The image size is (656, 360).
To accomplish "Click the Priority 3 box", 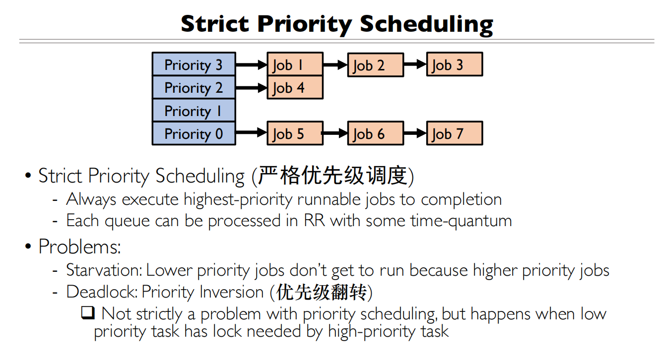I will click(194, 64).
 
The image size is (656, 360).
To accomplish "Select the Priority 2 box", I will click(194, 88).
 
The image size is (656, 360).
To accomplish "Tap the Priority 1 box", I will click(194, 111).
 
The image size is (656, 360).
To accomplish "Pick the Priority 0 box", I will click(194, 133).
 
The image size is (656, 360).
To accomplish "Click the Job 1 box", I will click(295, 64).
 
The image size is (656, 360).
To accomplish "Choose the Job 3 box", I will click(455, 64).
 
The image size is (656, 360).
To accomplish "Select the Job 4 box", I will click(295, 88).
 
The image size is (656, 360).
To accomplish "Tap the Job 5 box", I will click(295, 133).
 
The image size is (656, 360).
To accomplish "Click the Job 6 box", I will click(376, 133).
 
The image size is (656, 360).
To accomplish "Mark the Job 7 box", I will click(455, 133).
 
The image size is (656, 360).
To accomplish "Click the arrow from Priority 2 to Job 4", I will click(251, 88).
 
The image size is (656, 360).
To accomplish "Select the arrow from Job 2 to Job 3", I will click(415, 64).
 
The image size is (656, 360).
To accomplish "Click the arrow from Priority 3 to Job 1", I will click(251, 64).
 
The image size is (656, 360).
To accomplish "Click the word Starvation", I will click(104, 270).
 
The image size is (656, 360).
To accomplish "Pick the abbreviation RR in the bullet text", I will click(314, 221).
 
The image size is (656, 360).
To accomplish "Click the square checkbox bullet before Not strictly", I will click(88, 313).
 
